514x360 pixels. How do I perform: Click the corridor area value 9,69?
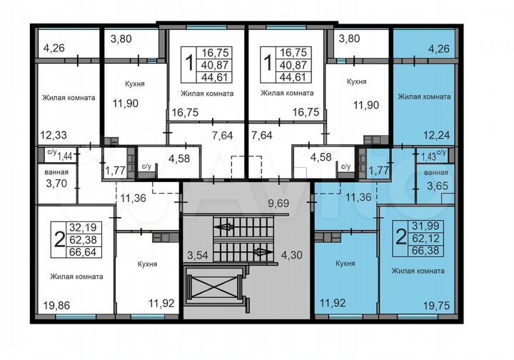pyautogui.click(x=278, y=204)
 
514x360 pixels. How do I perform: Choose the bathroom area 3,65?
pyautogui.click(x=436, y=186)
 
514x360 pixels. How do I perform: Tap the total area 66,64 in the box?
pyautogui.click(x=81, y=251)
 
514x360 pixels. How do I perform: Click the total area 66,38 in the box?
pyautogui.click(x=425, y=251)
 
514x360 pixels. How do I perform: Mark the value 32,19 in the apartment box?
pyautogui.click(x=81, y=228)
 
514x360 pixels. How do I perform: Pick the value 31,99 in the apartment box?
pyautogui.click(x=425, y=228)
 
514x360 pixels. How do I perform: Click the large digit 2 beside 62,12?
pyautogui.click(x=401, y=239)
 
